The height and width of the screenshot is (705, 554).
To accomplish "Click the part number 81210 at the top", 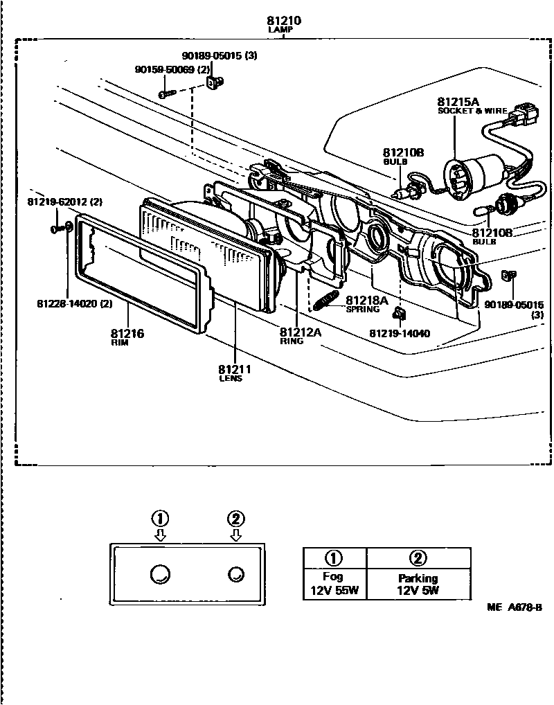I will coord(284,21).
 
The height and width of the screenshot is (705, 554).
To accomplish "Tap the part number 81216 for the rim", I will coord(127,334).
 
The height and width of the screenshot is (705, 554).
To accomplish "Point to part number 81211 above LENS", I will coord(234,369).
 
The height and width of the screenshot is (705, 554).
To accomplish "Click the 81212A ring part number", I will coord(301,331).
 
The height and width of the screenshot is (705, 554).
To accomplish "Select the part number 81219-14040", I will coord(400,334).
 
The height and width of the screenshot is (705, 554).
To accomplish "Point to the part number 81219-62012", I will coord(64,202).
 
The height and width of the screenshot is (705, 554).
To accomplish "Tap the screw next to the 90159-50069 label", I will coord(167,93).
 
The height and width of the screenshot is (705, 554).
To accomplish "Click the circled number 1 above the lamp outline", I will coord(160,518).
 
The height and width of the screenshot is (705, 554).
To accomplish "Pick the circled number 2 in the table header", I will coord(418,558).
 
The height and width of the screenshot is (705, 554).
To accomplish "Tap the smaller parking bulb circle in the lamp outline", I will coord(235,573).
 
